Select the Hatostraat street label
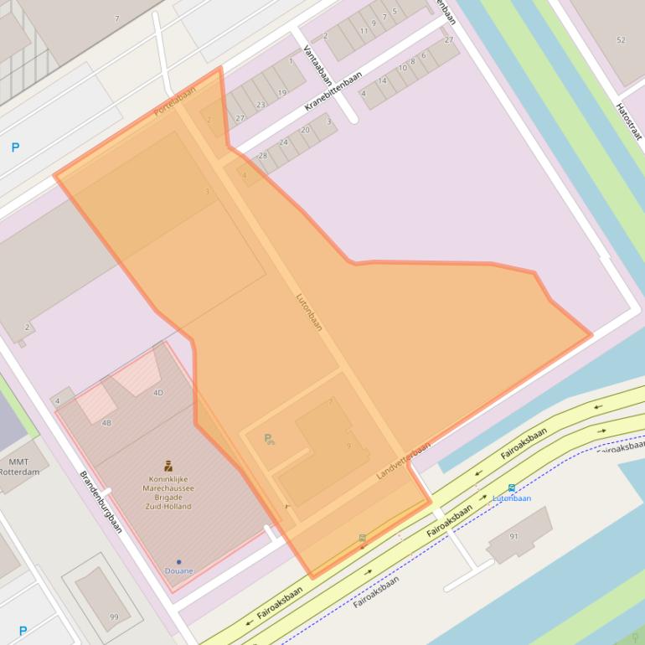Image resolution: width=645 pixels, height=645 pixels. click(x=627, y=121)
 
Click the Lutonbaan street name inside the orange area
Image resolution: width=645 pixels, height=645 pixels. click(x=309, y=311)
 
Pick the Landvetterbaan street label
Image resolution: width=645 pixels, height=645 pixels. click(x=403, y=460)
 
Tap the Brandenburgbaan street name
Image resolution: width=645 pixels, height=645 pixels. click(x=101, y=501)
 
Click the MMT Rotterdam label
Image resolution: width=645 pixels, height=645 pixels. click(x=18, y=467)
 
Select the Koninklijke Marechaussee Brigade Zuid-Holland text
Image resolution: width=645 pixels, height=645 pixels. click(x=168, y=492)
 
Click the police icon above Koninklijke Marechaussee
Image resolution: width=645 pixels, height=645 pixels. click(x=168, y=466)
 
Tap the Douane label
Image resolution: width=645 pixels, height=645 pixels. click(x=178, y=571)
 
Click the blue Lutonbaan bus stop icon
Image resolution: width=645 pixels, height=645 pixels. click(x=511, y=488)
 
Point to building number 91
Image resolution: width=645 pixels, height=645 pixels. click(x=513, y=537)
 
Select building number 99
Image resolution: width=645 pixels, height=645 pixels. click(x=114, y=617)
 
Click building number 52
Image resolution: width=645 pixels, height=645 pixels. click(x=621, y=40)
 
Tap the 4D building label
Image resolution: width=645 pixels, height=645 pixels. click(x=158, y=392)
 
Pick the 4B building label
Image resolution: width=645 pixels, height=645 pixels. click(x=106, y=423)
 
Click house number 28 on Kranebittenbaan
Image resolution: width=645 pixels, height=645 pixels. click(x=262, y=156)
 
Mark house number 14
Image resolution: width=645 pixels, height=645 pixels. click(x=382, y=80)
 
